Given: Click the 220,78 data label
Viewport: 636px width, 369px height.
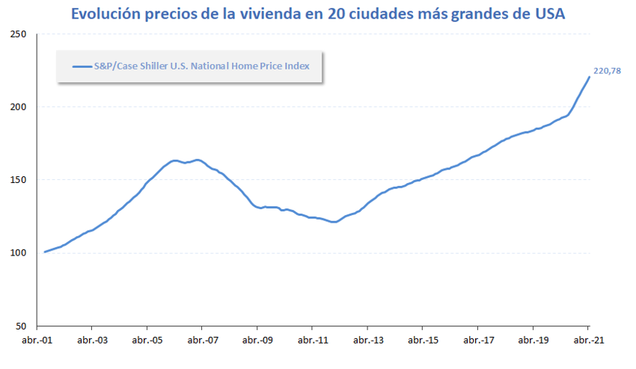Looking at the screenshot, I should (x=608, y=71).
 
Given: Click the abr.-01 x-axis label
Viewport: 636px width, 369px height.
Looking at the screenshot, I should (x=36, y=340).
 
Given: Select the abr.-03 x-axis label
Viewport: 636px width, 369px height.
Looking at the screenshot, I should (x=91, y=340).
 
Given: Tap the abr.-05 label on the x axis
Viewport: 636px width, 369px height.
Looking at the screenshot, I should (x=147, y=340).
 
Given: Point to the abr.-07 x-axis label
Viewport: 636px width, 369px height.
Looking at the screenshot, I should (x=202, y=340).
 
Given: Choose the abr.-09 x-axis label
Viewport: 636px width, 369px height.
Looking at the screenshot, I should (x=257, y=340).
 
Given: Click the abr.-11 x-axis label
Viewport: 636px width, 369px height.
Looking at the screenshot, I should (x=312, y=340).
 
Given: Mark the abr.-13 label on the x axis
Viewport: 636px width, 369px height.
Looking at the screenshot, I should (x=367, y=340).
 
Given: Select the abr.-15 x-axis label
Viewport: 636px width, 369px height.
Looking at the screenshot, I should (x=423, y=340).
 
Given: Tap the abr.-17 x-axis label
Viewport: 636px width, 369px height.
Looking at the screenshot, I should (x=477, y=340).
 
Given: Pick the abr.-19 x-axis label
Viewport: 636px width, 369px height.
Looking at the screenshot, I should (x=533, y=340).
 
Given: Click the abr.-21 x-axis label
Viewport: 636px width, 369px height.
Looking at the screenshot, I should (x=588, y=340).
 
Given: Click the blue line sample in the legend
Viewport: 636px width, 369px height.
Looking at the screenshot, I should (x=81, y=66).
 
